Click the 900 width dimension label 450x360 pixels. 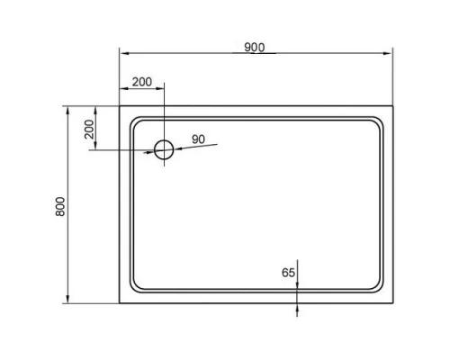254,48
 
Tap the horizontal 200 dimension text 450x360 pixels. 141,82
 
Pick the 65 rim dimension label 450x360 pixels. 288,272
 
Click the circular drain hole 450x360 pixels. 164,149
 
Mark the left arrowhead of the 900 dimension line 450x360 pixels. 123,54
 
